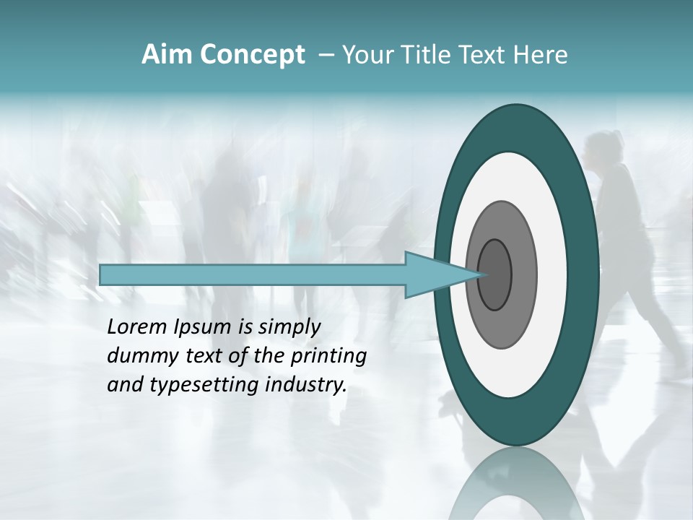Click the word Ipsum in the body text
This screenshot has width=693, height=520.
coord(204,327)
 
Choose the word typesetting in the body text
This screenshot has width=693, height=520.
coord(199,385)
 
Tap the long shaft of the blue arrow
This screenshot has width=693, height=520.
coord(253,274)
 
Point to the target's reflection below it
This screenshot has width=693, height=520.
coord(516,484)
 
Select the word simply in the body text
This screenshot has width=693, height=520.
coord(289,327)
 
